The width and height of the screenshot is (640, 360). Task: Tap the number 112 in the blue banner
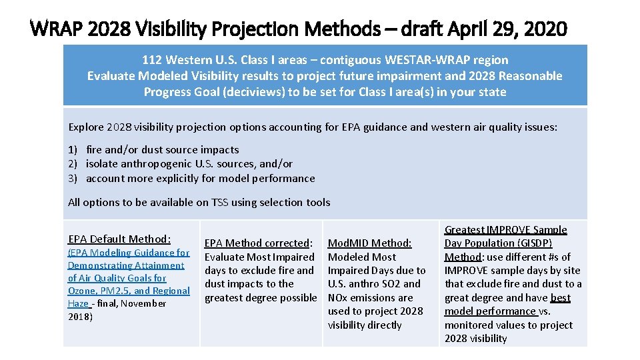[152, 60]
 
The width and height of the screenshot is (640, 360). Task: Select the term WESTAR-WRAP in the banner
[413, 60]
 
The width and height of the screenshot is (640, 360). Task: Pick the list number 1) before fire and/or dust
[74, 150]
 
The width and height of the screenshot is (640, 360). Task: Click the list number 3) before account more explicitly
[74, 178]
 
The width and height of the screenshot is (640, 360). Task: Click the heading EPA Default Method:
[119, 239]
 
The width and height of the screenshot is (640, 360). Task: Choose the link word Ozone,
[83, 291]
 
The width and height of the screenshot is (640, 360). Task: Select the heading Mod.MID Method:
[369, 243]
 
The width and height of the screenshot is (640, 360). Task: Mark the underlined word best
[561, 297]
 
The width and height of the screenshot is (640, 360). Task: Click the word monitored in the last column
[469, 325]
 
